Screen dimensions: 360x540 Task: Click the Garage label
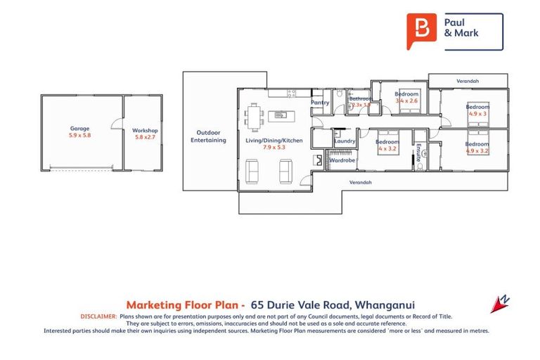(x=79, y=129)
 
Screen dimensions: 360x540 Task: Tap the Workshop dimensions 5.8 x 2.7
(x=145, y=137)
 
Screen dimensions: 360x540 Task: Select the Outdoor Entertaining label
(x=209, y=136)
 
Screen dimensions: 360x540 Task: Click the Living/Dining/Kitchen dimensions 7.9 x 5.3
(x=274, y=148)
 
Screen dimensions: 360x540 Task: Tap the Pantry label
(x=321, y=103)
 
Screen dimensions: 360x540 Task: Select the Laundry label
(x=345, y=141)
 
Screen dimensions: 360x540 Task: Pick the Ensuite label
(x=418, y=153)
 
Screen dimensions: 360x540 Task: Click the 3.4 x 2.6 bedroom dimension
(x=406, y=101)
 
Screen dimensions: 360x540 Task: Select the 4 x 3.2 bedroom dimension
(x=387, y=149)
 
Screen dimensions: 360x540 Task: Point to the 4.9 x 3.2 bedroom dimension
(x=476, y=150)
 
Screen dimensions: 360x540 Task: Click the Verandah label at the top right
(x=468, y=81)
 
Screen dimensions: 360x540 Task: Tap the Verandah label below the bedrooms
(x=361, y=182)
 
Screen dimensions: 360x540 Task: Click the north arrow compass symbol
(x=501, y=303)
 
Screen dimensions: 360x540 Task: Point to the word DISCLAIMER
(x=98, y=317)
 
